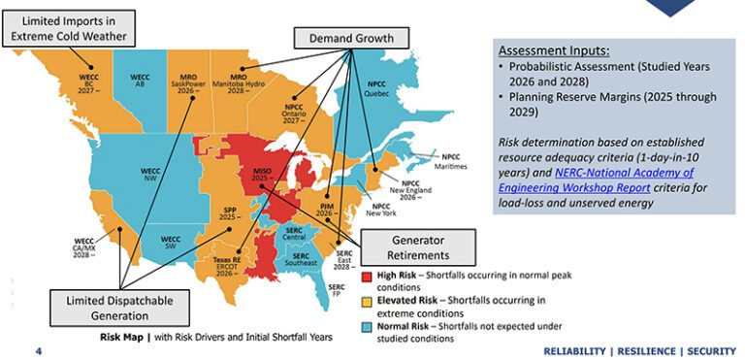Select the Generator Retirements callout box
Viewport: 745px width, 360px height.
pyautogui.click(x=418, y=246)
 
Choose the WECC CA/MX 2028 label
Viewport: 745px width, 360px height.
pyautogui.click(x=84, y=246)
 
